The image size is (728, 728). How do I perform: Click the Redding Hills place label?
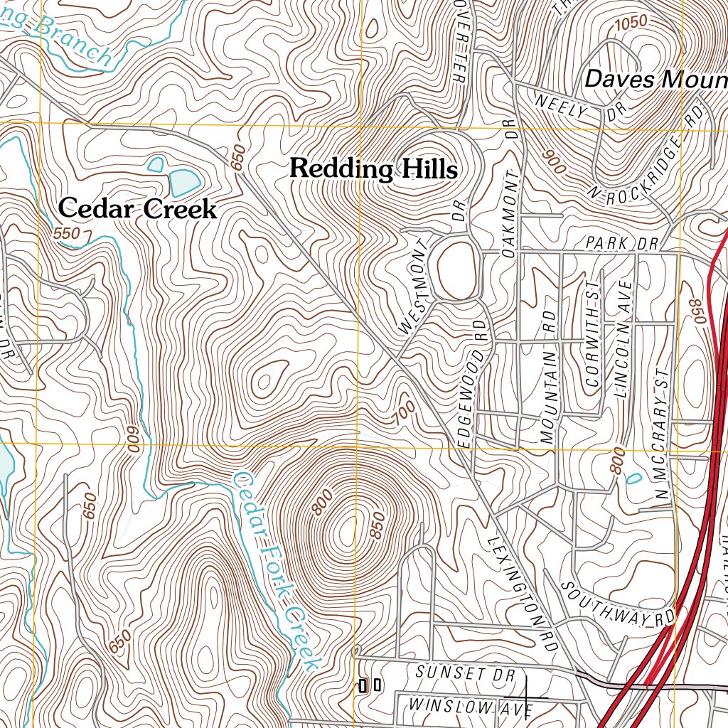pyautogui.click(x=373, y=169)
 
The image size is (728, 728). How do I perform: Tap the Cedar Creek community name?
pyautogui.click(x=137, y=209)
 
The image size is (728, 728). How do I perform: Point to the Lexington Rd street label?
pyautogui.click(x=521, y=582)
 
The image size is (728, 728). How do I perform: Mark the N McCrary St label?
pyautogui.click(x=662, y=433)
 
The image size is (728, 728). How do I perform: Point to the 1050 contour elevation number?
pyautogui.click(x=631, y=22)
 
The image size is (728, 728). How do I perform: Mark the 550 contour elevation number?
pyautogui.click(x=67, y=233)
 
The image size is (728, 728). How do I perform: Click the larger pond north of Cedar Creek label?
pyautogui.click(x=183, y=181)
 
